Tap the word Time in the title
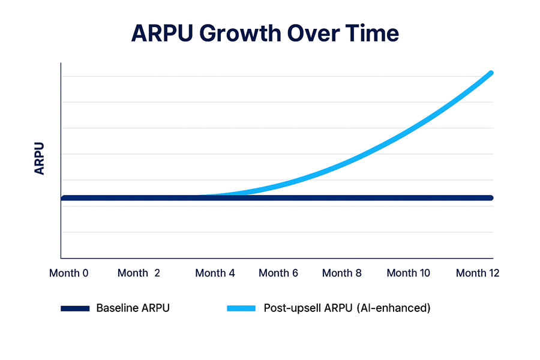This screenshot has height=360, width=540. pos(371,34)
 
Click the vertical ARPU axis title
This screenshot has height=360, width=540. pos(40,158)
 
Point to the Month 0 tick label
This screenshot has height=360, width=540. pos(68,273)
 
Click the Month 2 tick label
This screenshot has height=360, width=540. pos(139,273)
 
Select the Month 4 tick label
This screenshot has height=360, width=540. pos(215,273)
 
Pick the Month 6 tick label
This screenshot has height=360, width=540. pos(278,273)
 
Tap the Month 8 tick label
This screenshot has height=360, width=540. pos(342,273)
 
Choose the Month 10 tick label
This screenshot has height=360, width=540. pos(408,273)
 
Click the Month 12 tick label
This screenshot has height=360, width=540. pos(478,273)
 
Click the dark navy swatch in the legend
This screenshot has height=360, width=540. pos(75,308)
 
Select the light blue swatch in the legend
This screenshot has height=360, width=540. pos(241,308)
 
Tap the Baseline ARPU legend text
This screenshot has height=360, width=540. pos(133,308)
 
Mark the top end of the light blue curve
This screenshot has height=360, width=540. pos(491,73)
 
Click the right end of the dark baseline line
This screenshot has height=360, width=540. pos(491,198)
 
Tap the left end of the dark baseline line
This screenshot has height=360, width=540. pos(63,198)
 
